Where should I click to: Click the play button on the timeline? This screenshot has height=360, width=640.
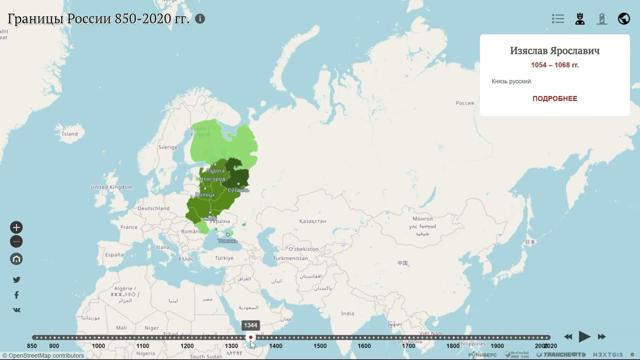(x=584, y=336)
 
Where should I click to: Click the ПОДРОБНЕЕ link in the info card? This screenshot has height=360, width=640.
(x=554, y=98)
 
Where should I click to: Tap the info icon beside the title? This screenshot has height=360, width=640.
(x=200, y=19)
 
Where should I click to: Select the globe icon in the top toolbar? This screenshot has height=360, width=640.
(x=623, y=19)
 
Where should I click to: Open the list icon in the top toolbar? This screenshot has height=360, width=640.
(x=558, y=19)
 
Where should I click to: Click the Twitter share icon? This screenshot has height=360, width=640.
(x=16, y=280)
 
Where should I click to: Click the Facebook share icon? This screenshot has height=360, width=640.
(x=16, y=295)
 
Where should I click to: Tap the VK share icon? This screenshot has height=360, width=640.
(x=16, y=310)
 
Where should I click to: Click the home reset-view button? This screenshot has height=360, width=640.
(x=16, y=259)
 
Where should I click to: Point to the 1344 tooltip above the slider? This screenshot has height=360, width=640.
(x=250, y=325)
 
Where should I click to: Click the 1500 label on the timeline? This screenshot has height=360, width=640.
(x=320, y=346)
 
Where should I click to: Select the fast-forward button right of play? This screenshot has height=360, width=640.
(x=602, y=337)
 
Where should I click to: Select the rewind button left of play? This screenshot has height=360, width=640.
(x=568, y=337)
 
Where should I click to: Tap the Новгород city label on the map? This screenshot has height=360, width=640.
(x=212, y=179)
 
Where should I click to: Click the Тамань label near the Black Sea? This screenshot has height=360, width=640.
(x=227, y=241)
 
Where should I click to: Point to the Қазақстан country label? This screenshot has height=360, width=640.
(x=312, y=221)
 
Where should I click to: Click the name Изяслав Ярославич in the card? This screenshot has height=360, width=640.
(x=554, y=51)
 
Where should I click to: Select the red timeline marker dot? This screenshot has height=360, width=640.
(x=251, y=337)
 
